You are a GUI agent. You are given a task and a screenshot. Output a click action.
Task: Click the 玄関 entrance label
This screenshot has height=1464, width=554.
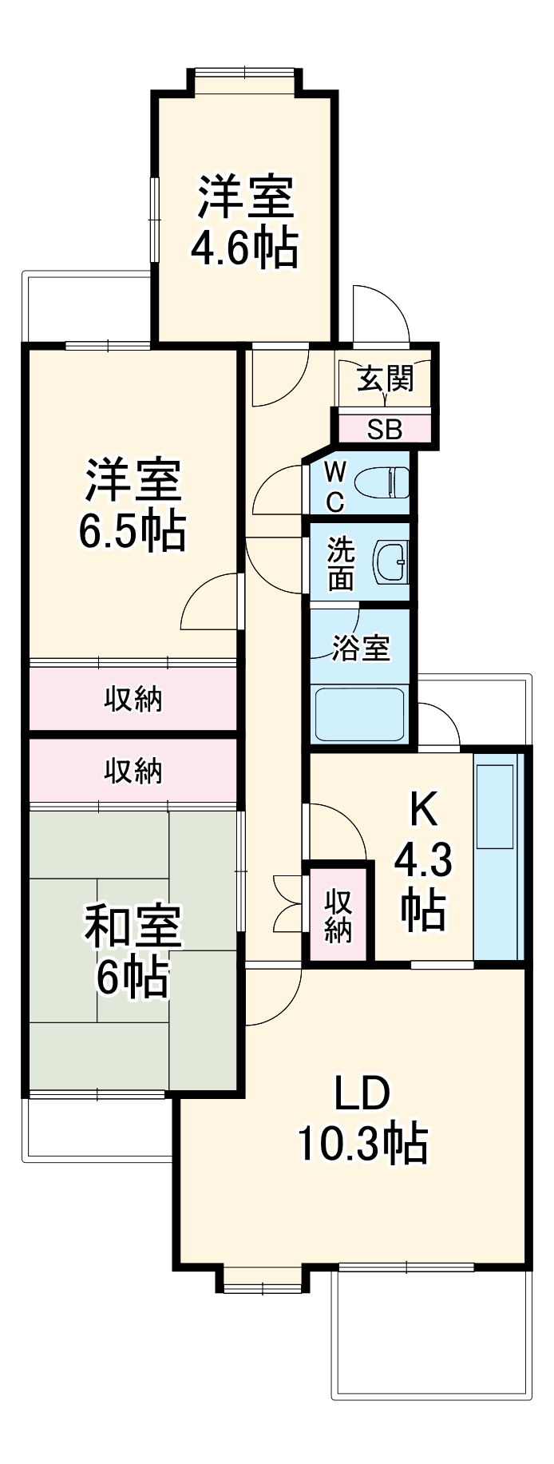tap(385, 379)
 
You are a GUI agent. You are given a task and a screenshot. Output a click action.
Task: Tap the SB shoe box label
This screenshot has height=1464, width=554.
tap(385, 430)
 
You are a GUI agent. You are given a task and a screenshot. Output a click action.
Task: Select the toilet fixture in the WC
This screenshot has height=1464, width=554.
tap(382, 483)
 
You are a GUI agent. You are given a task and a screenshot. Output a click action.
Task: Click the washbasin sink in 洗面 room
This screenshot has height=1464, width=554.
tap(391, 563)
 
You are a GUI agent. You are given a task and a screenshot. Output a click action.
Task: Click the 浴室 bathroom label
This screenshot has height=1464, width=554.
tap(361, 647)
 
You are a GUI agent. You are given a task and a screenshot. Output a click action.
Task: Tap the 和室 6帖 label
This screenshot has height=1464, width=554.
tap(133, 950)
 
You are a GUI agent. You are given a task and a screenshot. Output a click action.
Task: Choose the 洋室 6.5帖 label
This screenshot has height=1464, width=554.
tap(133, 503)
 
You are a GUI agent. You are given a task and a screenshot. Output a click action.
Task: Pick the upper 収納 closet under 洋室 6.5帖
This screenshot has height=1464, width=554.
tap(133, 699)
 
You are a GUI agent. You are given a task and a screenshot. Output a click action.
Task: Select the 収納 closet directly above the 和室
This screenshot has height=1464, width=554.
tap(133, 771)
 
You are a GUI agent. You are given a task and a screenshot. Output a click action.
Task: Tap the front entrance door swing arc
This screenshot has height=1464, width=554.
tap(382, 311)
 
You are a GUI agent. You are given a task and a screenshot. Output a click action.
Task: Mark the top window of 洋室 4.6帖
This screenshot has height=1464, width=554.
tap(245, 73)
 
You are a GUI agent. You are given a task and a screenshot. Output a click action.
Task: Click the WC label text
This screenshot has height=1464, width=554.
tap(335, 486)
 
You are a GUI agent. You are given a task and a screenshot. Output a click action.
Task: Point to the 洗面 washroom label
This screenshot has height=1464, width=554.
tap(341, 563)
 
